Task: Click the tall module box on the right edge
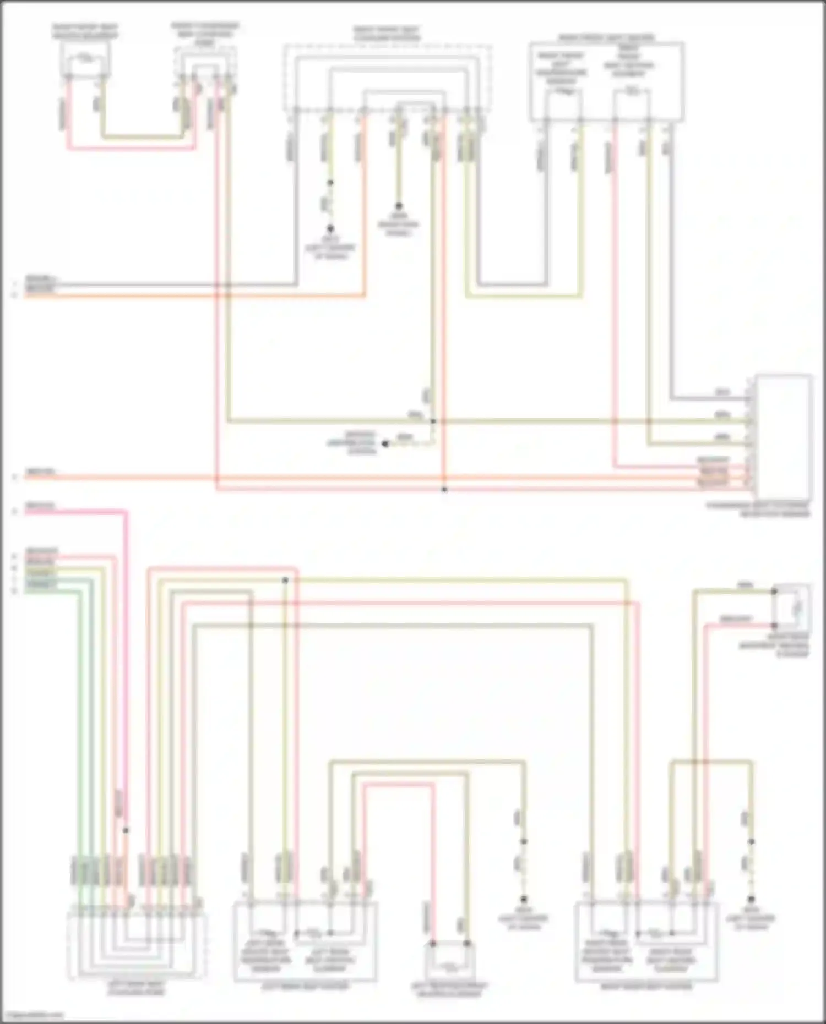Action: click(x=784, y=437)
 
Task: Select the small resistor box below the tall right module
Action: click(x=791, y=608)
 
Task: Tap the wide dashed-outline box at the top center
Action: click(x=387, y=77)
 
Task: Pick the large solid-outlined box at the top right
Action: click(x=606, y=81)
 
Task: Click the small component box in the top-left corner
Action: click(x=85, y=58)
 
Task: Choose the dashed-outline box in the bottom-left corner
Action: click(x=136, y=946)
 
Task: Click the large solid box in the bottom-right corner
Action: click(x=646, y=941)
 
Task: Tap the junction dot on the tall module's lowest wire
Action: click(x=444, y=489)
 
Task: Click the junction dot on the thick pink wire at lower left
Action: click(x=126, y=830)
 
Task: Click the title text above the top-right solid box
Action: click(x=606, y=38)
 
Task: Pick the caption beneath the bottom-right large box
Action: click(x=646, y=987)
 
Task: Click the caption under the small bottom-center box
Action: click(x=450, y=989)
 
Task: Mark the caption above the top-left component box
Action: click(x=85, y=31)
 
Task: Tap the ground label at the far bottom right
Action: click(x=750, y=922)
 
